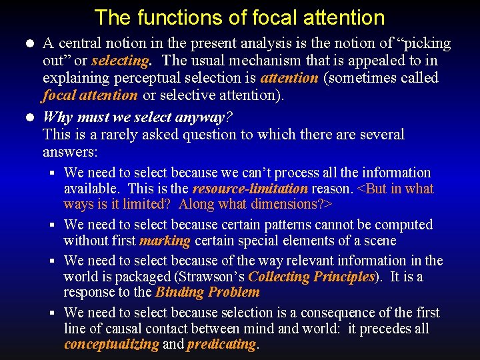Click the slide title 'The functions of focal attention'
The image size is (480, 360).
pyautogui.click(x=239, y=17)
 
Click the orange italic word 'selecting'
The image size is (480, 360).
pyautogui.click(x=120, y=61)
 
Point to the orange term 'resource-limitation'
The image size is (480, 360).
pyautogui.click(x=250, y=189)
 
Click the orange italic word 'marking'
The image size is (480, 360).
pyautogui.click(x=165, y=241)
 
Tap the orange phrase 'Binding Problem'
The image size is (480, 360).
pyautogui.click(x=207, y=292)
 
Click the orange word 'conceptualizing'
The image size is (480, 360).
pyautogui.click(x=111, y=344)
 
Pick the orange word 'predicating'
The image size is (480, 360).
pyautogui.click(x=221, y=344)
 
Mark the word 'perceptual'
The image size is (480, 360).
pyautogui.click(x=157, y=78)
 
